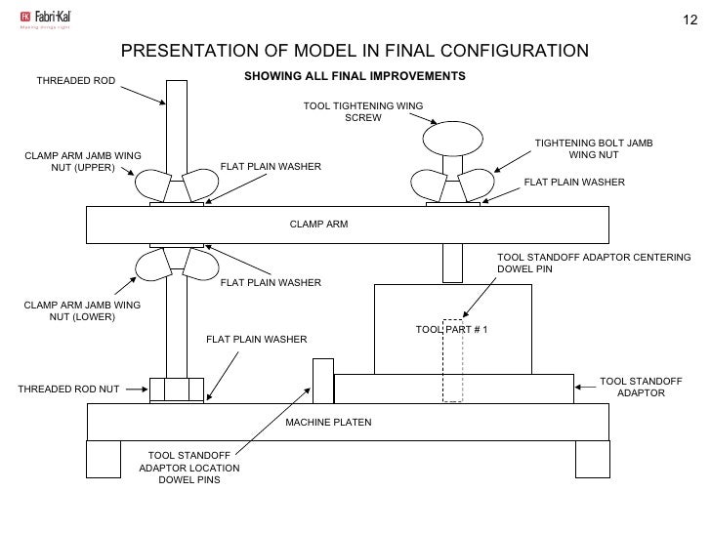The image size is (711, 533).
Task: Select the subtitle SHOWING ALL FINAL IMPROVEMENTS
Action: tap(354, 76)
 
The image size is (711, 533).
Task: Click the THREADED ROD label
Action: tap(75, 80)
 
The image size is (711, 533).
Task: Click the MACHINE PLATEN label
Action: tap(329, 422)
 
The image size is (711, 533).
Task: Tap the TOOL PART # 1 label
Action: tap(451, 330)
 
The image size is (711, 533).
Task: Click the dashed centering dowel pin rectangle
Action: tap(451, 360)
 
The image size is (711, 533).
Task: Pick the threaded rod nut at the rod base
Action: tap(176, 389)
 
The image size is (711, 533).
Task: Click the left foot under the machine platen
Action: tap(104, 458)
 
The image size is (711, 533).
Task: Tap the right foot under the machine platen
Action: tap(592, 458)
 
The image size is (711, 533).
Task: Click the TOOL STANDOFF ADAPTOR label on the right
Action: tap(641, 387)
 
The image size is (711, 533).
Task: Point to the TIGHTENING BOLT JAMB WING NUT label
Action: tap(593, 149)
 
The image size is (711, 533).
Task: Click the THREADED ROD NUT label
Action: tap(68, 389)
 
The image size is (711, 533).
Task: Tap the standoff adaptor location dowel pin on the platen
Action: tap(321, 381)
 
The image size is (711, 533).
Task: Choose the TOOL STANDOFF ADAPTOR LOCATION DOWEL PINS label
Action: tap(188, 469)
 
